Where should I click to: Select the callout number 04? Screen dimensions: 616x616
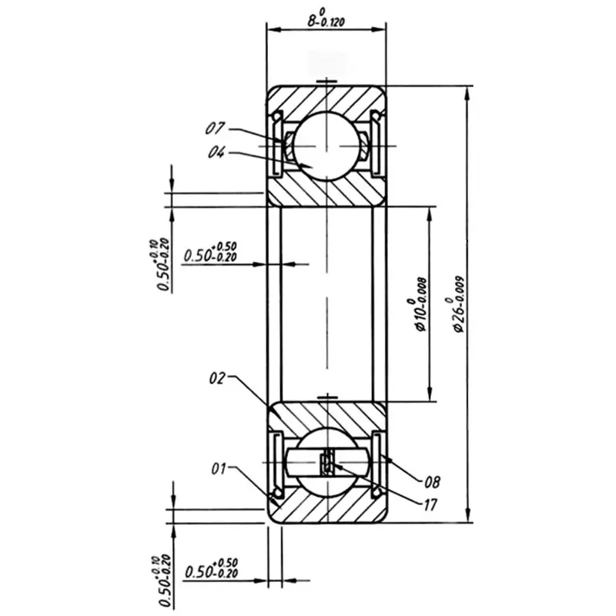pos(216,152)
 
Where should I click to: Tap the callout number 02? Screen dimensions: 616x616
pos(219,378)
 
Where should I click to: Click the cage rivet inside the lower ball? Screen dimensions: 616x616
pos(326,463)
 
